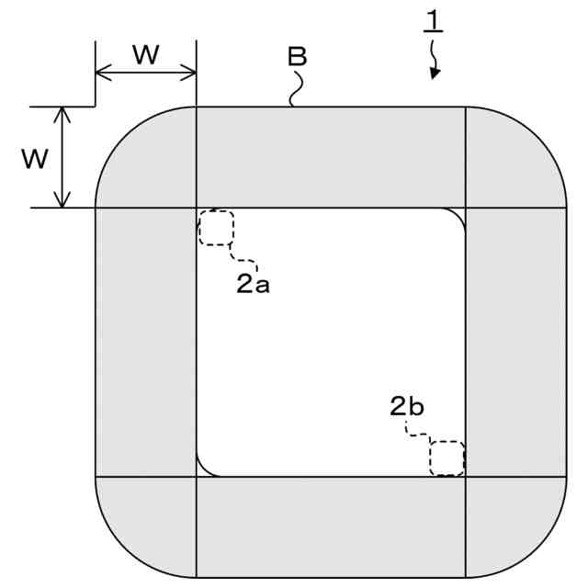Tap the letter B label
(297, 57)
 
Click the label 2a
(253, 285)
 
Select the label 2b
(406, 405)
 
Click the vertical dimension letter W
(36, 158)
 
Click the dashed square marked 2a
(217, 227)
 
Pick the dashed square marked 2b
(447, 458)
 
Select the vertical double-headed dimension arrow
(62, 157)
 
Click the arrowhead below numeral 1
(435, 72)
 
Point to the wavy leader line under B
(295, 90)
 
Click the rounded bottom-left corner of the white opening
(206, 468)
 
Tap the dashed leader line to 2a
(242, 256)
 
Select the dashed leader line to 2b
(419, 433)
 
